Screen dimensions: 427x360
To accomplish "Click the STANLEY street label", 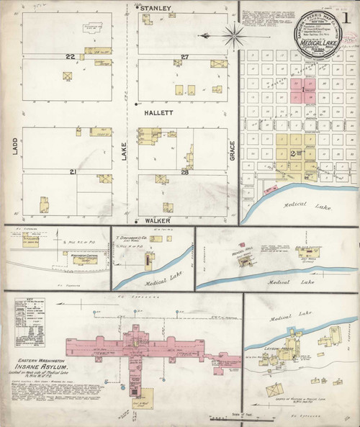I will [156, 8].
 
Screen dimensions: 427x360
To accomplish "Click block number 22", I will [70, 57].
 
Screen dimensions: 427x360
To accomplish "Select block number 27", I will [184, 57].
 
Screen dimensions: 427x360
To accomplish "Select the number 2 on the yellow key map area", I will [292, 153].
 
